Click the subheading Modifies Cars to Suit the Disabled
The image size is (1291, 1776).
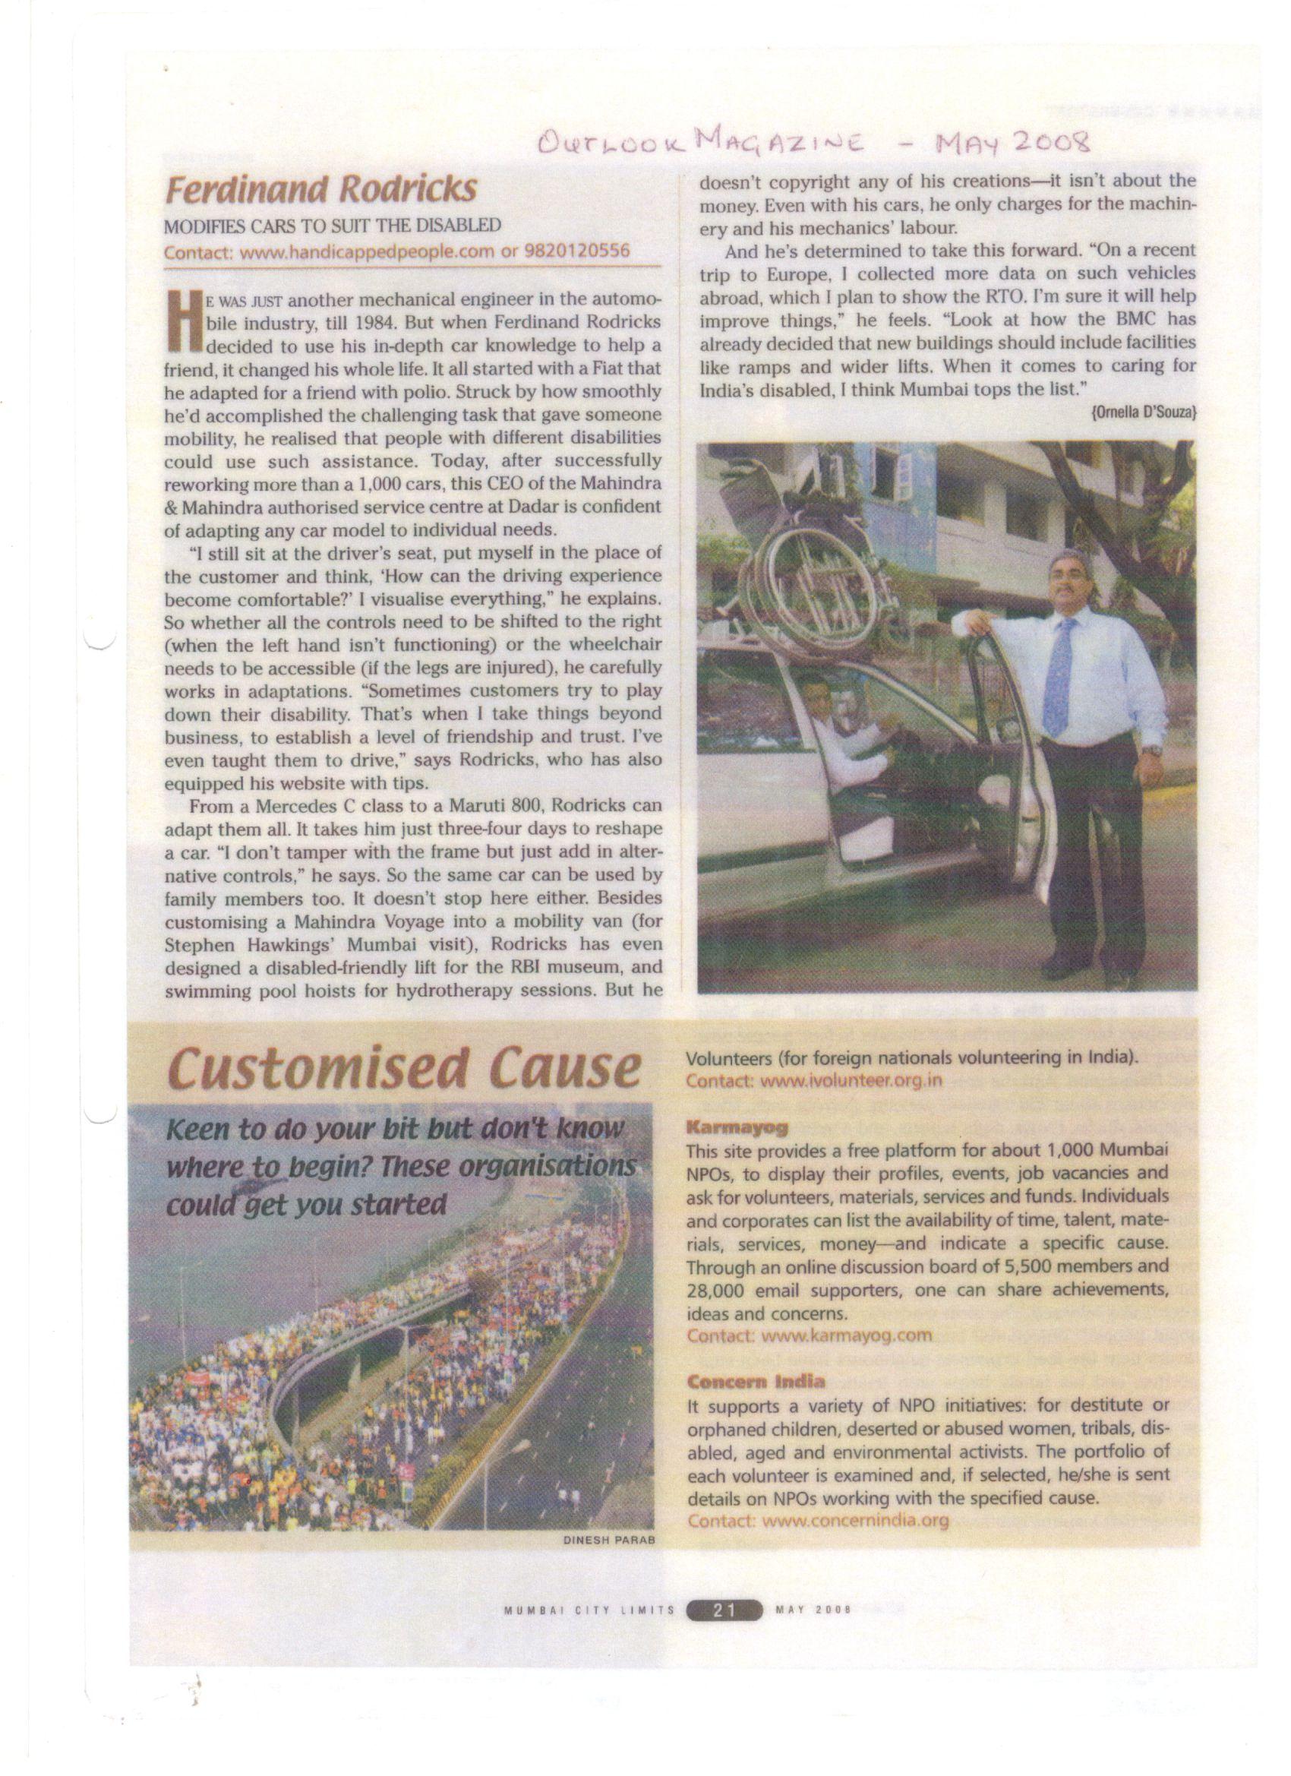(332, 226)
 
